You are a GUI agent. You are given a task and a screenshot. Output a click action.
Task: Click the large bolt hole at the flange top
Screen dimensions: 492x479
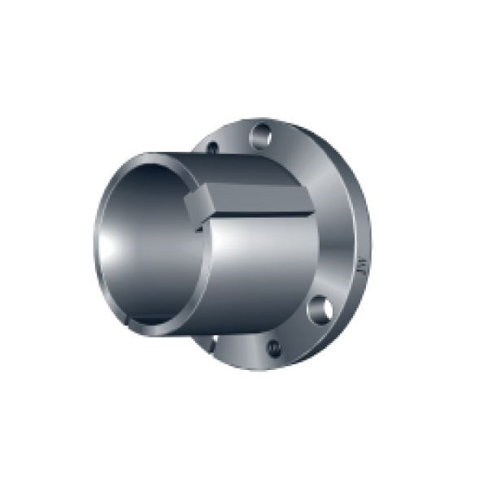261,134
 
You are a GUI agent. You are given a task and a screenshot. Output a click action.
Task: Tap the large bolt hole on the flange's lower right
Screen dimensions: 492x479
320,309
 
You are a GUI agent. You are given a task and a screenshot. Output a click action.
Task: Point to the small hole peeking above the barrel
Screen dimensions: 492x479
212,148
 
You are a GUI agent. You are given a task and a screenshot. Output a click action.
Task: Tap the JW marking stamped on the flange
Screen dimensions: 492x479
359,265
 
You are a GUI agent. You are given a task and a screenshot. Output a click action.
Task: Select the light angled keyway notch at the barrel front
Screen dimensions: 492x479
197,204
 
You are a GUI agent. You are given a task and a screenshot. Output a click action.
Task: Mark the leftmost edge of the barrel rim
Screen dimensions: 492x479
96,244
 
